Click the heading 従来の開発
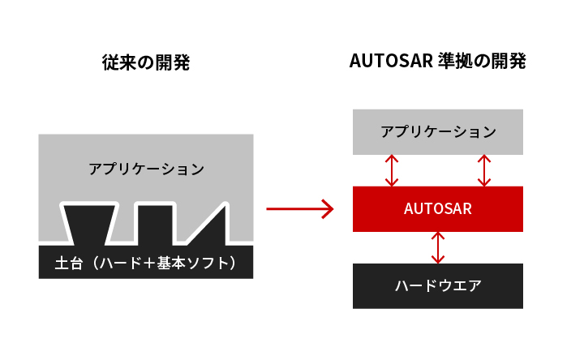(146, 62)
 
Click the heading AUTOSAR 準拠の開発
(438, 62)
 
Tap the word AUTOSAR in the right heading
(388, 62)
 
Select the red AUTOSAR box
(438, 208)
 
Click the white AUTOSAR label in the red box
(438, 208)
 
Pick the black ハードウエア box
(438, 285)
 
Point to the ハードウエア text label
(438, 285)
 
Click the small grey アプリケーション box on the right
(438, 131)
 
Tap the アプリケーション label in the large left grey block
(146, 169)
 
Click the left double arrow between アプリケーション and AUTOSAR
(392, 170)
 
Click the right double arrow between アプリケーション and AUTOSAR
(484, 170)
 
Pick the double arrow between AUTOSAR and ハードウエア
(438, 247)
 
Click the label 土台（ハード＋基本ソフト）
(146, 263)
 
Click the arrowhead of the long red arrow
(327, 209)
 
